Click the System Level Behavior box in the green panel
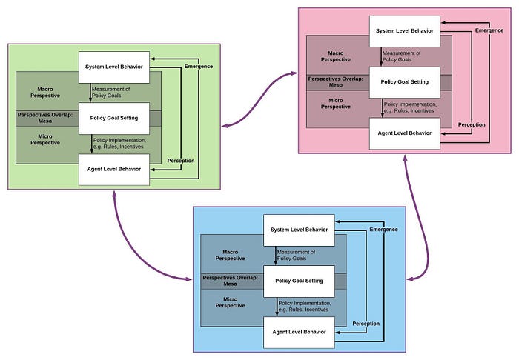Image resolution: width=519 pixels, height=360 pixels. pos(114,67)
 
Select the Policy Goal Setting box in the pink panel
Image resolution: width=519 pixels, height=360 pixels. pos(405,82)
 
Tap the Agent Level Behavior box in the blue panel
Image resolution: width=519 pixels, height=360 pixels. pos(299,333)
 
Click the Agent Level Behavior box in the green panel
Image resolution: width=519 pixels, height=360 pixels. pos(114,169)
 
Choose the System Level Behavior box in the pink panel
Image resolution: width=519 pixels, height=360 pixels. pos(405,31)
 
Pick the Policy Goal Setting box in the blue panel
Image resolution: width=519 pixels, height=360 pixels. pos(299,281)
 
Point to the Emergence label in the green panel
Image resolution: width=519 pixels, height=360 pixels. pos(199,67)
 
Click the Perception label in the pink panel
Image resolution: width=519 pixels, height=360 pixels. pos(472,124)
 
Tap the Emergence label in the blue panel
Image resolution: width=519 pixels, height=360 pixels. pos(383,230)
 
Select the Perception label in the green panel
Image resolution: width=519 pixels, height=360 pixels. pos(181,161)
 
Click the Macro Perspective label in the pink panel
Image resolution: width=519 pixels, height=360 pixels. pos(336,56)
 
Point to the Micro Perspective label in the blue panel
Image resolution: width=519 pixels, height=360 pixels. pos(230,302)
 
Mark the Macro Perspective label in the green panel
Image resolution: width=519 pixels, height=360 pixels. pos(45,93)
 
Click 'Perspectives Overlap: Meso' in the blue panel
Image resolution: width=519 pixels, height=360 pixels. pos(230,281)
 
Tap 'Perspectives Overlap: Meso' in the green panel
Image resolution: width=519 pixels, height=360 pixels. pos(45,118)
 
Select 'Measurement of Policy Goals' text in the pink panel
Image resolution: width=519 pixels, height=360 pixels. pos(402,56)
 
